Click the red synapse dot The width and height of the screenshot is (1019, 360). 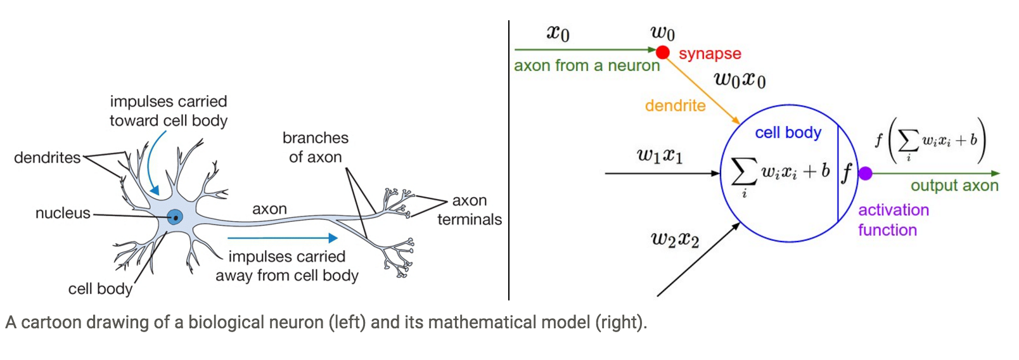point(663,52)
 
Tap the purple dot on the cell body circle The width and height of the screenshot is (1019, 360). point(865,173)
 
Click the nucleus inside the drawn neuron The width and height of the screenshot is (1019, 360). point(175,217)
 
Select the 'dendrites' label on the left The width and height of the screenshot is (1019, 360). point(48,157)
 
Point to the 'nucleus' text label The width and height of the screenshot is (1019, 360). point(63,213)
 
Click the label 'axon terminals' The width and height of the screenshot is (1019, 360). point(470,210)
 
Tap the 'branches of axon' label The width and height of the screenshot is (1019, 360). point(316,147)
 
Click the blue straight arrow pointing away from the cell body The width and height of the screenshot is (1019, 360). point(282,238)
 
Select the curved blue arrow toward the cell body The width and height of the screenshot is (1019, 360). point(150,167)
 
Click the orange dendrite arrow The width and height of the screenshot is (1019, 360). point(703,89)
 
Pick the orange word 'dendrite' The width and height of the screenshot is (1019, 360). point(675,106)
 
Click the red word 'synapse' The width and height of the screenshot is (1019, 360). point(710,54)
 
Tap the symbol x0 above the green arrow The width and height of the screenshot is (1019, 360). point(558,33)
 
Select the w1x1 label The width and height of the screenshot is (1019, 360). point(660,155)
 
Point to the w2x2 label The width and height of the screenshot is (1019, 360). point(675,240)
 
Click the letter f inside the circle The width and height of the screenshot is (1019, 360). point(847,173)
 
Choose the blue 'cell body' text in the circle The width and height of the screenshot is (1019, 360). point(788,132)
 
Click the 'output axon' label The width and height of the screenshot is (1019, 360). point(954,186)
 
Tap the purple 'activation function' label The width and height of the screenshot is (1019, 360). point(893,220)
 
